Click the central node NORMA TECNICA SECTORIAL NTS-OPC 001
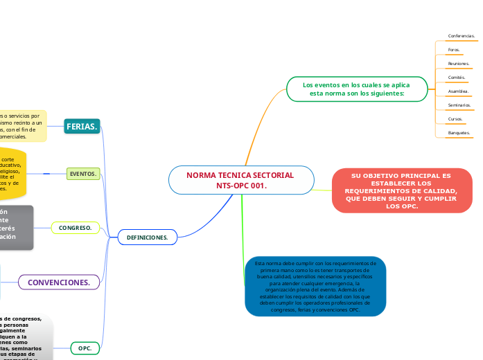click(x=240, y=180)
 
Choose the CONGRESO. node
click(x=76, y=227)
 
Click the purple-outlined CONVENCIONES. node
click(x=59, y=282)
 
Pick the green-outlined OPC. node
click(x=85, y=348)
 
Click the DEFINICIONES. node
click(x=148, y=237)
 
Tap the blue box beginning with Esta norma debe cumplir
click(x=315, y=286)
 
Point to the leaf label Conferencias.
click(x=462, y=35)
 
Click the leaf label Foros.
click(x=455, y=50)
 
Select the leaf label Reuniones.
click(x=459, y=64)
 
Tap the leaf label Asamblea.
click(x=458, y=91)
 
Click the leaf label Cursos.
click(x=455, y=119)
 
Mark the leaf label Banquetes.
click(x=459, y=133)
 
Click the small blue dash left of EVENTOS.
click(x=46, y=173)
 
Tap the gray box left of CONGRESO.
click(x=16, y=226)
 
